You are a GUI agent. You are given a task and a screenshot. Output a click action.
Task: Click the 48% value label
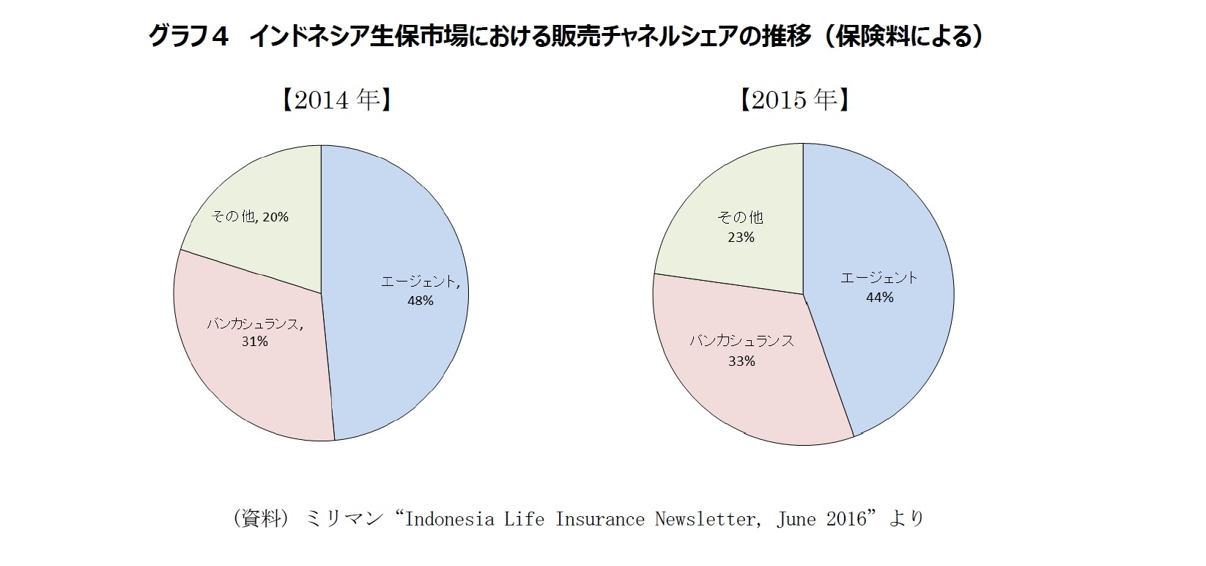(x=421, y=301)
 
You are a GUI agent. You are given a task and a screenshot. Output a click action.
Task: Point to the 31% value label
(x=255, y=342)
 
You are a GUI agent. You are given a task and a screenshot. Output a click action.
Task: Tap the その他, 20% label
(x=250, y=217)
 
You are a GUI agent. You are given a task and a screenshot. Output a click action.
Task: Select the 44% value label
(x=879, y=298)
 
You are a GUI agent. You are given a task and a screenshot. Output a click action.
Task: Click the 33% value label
(x=741, y=361)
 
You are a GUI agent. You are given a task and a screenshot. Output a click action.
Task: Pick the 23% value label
(x=741, y=238)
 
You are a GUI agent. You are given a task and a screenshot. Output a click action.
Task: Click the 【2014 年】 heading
(x=335, y=100)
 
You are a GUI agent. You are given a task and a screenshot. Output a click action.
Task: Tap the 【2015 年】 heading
(x=795, y=100)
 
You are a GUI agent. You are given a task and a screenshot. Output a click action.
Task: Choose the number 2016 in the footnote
(x=846, y=519)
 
